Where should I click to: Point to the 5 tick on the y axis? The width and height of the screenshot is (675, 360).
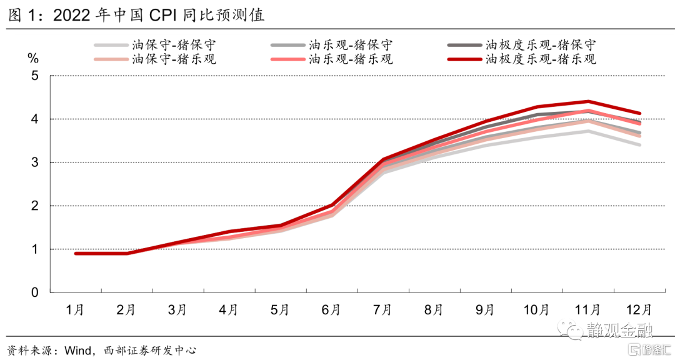(x=34, y=76)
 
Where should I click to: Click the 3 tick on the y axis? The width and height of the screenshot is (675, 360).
(x=34, y=162)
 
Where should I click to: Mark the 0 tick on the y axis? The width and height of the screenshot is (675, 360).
(x=34, y=292)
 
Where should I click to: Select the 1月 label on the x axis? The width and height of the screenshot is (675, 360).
(x=75, y=310)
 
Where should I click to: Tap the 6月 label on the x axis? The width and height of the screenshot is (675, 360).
(x=331, y=310)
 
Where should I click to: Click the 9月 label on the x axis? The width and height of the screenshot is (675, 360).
(x=485, y=310)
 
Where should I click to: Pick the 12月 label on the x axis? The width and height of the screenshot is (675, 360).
(x=639, y=310)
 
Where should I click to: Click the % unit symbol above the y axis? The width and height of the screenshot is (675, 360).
(x=33, y=59)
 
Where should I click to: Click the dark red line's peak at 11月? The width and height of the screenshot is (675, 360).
(x=587, y=101)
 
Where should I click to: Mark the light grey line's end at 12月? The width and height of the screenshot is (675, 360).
(x=639, y=144)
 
